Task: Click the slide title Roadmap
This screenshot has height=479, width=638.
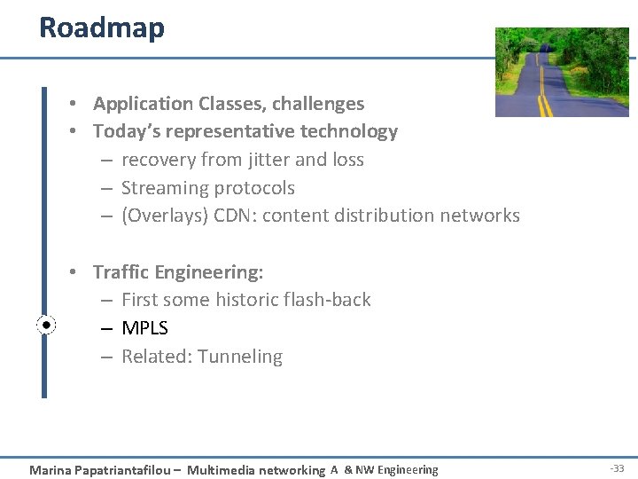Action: [x=102, y=27]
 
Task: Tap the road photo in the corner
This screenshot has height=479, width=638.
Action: [x=561, y=72]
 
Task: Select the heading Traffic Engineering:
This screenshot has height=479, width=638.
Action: [x=178, y=272]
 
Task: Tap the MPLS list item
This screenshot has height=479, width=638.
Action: [x=144, y=328]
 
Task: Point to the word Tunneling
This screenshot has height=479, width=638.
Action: [x=240, y=357]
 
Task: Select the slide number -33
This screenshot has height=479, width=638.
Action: [x=617, y=469]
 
